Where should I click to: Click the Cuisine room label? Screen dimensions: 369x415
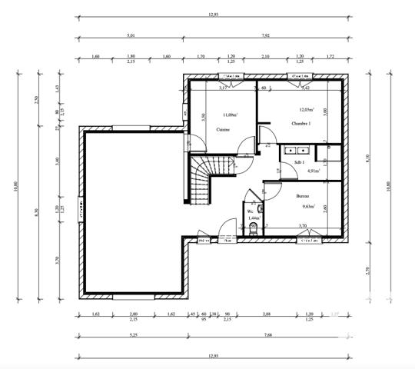(224, 130)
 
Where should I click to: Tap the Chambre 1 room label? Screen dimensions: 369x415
(300, 123)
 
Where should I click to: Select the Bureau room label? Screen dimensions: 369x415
(304, 196)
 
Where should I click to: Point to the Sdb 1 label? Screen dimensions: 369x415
(299, 162)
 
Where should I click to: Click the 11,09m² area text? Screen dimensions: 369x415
(230, 115)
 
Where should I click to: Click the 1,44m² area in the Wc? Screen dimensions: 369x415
(254, 218)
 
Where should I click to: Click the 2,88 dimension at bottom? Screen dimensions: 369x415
(267, 314)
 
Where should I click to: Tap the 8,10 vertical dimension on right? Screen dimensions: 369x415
(367, 158)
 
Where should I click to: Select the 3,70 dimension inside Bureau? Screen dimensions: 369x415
(302, 225)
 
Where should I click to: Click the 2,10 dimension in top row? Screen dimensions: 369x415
(265, 57)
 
